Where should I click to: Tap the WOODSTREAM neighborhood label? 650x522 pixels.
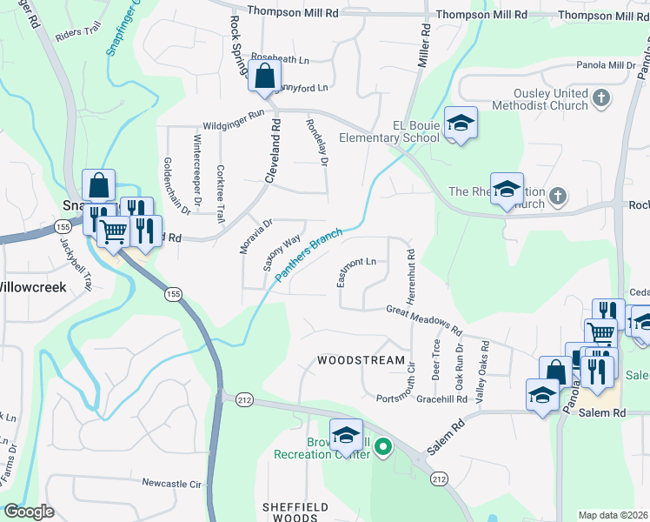(361, 360)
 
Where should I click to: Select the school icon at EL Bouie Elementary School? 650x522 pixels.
(461, 123)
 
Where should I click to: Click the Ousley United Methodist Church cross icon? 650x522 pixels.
(600, 99)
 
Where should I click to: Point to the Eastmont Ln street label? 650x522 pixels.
(357, 262)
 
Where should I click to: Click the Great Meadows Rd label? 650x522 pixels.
(423, 319)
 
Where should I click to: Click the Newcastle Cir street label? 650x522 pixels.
(171, 483)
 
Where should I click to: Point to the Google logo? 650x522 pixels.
(29, 512)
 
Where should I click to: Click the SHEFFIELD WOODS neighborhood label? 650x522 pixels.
(295, 512)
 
